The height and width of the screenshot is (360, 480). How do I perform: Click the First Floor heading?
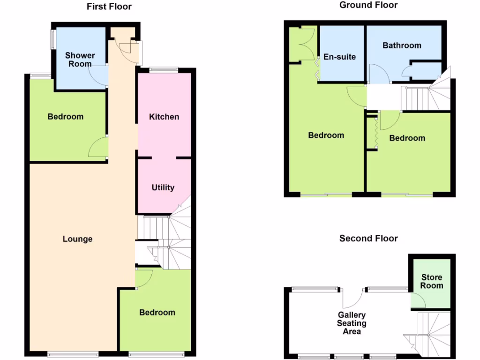tap(109, 7)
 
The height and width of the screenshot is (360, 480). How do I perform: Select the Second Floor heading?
tap(368, 238)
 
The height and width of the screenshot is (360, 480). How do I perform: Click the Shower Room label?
tap(80, 60)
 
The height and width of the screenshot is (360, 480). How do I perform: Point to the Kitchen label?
tap(164, 117)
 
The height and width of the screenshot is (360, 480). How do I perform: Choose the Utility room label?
tap(163, 187)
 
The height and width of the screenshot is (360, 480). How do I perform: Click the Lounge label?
tap(78, 239)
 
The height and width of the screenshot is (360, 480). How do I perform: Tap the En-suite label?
tap(340, 57)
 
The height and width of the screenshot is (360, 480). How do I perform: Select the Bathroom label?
tap(402, 45)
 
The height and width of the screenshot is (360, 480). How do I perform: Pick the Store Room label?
tap(432, 281)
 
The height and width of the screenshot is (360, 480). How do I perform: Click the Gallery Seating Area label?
tap(352, 323)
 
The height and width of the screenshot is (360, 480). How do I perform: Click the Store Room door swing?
tap(416, 300)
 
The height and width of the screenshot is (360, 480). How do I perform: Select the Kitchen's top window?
tap(164, 71)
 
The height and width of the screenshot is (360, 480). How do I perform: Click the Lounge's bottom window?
tap(73, 354)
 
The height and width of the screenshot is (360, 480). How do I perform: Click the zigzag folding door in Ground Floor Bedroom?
tap(375, 133)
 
